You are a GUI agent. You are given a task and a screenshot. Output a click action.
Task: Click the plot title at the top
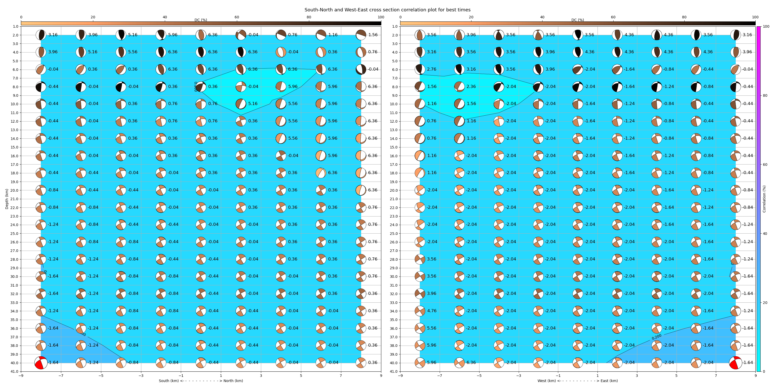(387, 10)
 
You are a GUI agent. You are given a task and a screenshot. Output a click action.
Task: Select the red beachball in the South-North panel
(41, 363)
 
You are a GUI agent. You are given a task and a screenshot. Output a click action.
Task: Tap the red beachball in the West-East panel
(735, 363)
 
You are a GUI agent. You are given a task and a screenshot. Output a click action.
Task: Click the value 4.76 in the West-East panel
(431, 311)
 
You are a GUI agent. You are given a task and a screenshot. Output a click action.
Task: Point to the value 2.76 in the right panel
(431, 69)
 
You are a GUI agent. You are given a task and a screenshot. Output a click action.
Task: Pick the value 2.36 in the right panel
(471, 86)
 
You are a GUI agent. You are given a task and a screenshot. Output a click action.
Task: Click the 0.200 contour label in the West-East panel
(656, 337)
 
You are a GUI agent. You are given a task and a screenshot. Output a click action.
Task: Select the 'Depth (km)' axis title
(7, 199)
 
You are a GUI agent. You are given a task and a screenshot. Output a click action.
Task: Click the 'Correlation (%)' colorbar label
(764, 199)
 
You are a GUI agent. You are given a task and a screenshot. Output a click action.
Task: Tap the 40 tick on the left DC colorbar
(165, 17)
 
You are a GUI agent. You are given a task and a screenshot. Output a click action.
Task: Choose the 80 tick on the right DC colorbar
(684, 17)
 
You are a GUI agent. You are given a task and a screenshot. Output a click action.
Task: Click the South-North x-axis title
(201, 381)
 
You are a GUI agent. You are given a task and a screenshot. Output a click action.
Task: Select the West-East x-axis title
(577, 381)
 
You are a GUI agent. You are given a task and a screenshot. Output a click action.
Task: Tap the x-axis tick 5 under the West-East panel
(676, 376)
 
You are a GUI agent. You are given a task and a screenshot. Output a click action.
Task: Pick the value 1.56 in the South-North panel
(373, 35)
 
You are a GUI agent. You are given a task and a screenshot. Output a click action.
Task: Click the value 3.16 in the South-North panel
(53, 35)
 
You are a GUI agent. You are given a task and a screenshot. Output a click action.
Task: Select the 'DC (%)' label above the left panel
(201, 20)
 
